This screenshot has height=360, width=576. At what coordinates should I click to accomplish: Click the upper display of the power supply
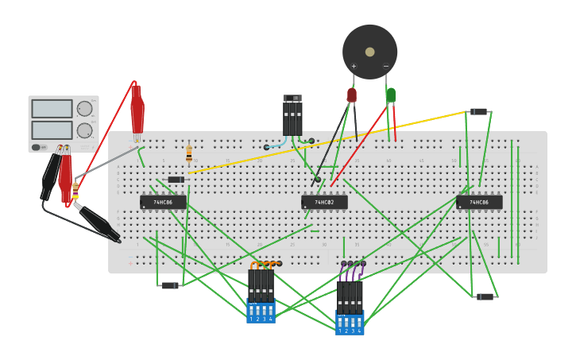point(52,108)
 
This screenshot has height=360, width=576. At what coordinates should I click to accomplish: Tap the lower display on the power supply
point(52,130)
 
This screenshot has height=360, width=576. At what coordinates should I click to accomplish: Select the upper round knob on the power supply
point(84,109)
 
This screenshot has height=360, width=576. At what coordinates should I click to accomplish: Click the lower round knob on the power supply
point(84,130)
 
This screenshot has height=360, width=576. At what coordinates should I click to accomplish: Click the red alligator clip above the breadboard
point(137,111)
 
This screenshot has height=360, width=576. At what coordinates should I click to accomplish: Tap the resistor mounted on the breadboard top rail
point(189,153)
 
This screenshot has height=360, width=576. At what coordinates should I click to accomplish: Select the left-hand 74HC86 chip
point(163,202)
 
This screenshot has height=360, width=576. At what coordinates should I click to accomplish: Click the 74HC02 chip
point(324,202)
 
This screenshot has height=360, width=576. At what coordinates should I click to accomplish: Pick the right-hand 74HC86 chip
point(479,202)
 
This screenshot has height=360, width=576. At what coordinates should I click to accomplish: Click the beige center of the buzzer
point(369,52)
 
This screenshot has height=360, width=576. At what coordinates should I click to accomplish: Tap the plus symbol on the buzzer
point(354,66)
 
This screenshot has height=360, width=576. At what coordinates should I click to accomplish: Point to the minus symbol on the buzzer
point(386,66)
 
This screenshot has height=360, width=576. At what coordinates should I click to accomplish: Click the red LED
point(352,95)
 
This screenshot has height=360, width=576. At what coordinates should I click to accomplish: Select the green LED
point(390,95)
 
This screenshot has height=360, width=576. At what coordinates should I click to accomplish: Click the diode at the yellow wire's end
point(478,111)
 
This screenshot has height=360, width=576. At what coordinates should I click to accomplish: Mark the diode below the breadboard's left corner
point(170,285)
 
